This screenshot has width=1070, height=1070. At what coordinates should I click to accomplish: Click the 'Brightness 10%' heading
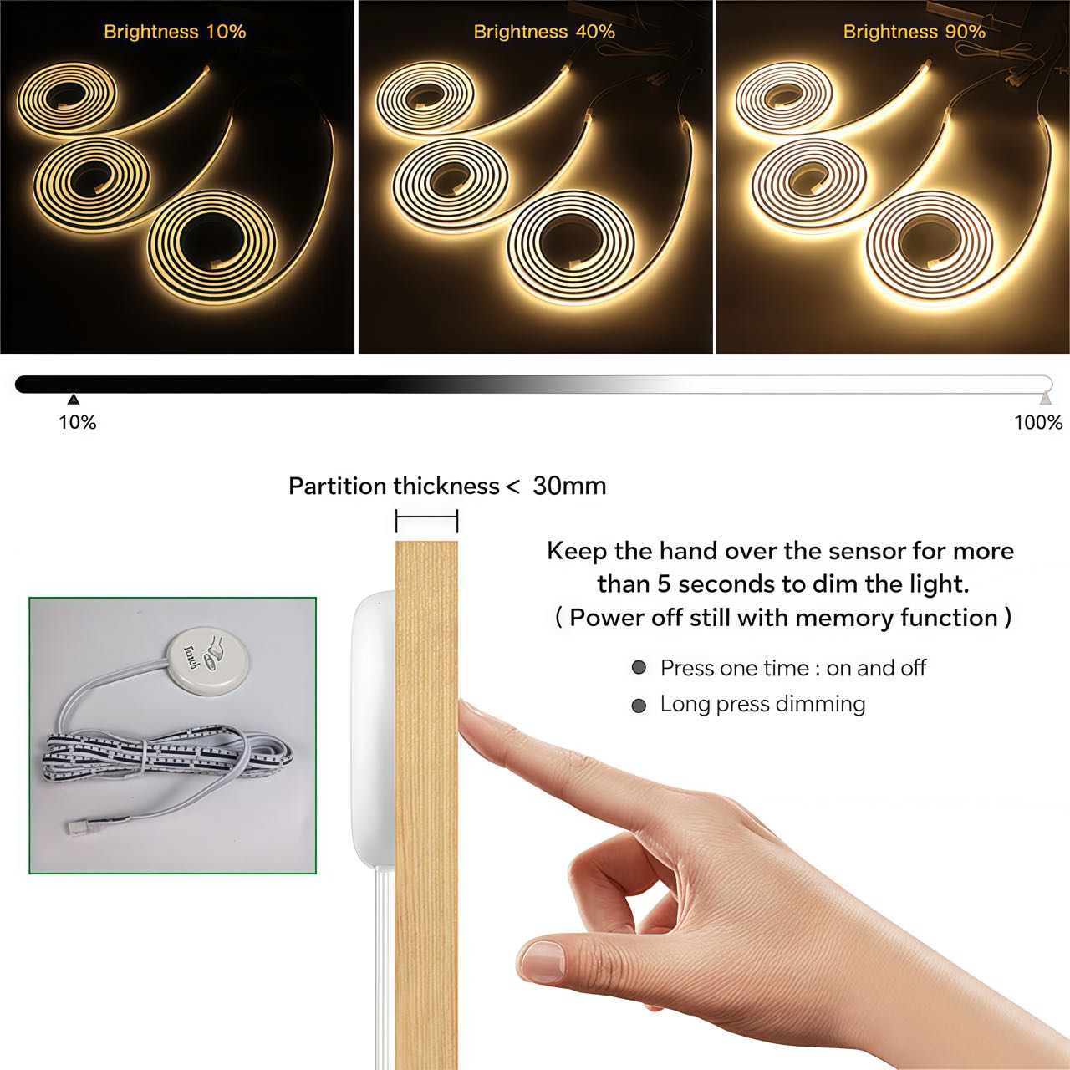[175, 32]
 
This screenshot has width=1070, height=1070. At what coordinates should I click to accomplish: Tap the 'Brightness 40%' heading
[544, 32]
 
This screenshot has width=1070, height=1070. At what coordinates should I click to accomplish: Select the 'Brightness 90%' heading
[914, 32]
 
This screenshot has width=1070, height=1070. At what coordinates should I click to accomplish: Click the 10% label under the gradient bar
[78, 422]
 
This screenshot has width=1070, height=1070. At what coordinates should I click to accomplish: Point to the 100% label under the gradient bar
[1038, 422]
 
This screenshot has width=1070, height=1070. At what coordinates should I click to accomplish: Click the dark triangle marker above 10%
[74, 400]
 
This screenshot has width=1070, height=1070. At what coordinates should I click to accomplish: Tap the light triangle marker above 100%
[1046, 398]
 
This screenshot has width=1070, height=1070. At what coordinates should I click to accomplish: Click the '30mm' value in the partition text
[570, 487]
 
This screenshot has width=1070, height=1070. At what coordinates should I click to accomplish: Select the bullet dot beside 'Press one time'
[639, 667]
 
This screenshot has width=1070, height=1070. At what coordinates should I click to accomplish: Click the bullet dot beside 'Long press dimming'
[639, 706]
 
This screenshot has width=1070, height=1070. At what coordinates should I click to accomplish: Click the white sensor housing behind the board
[374, 728]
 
